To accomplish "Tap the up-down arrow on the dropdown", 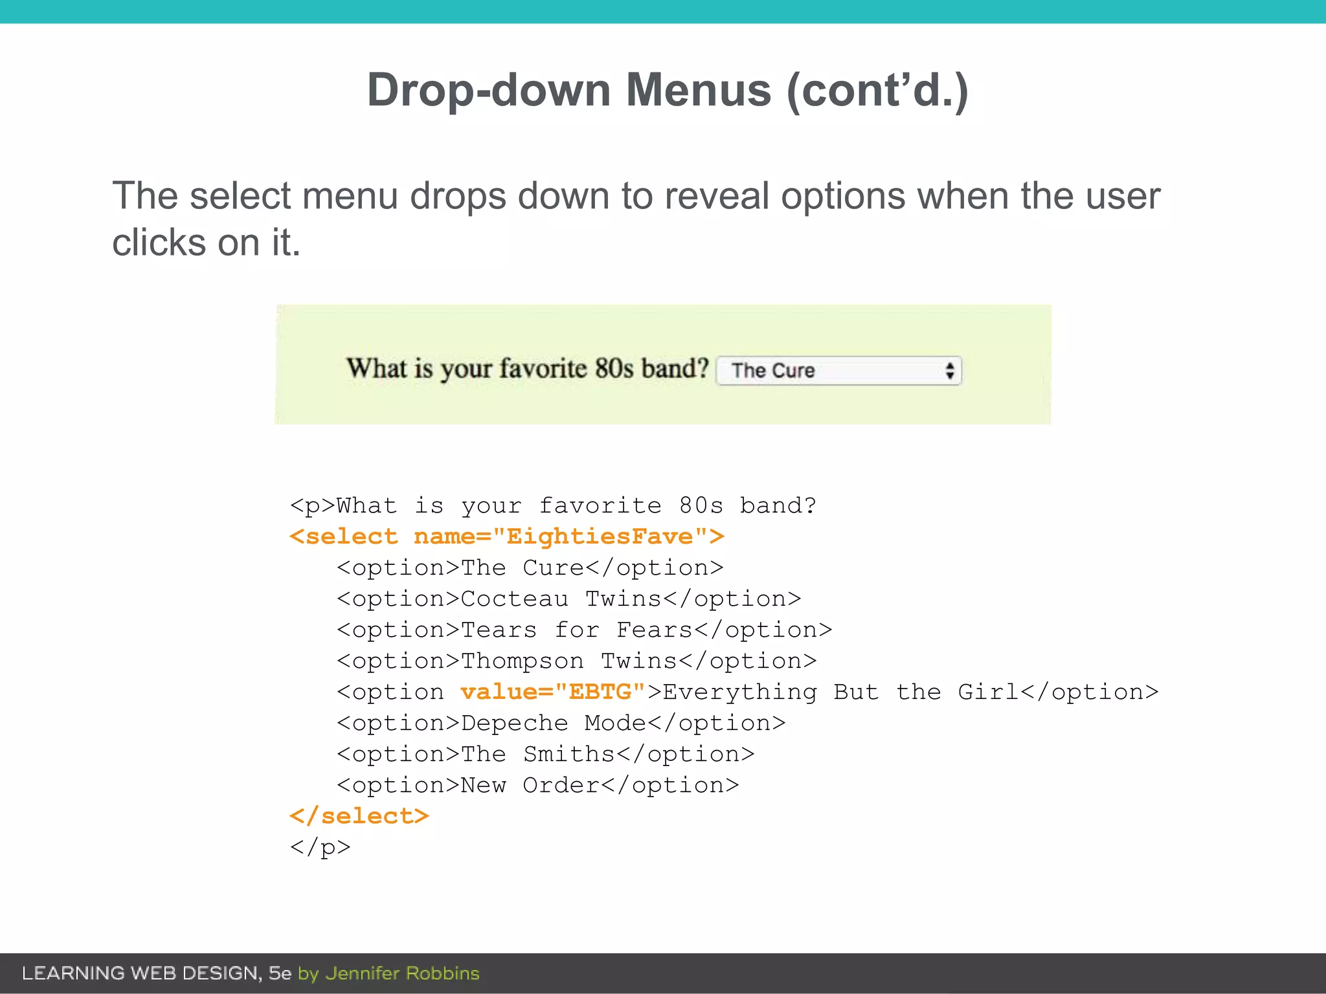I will [949, 371].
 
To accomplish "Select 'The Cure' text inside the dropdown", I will [773, 371].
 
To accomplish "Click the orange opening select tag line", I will [506, 537].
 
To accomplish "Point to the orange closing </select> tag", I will [359, 817].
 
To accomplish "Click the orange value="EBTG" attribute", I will [552, 692].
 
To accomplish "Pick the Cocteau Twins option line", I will [568, 599].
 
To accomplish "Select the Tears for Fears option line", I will [584, 630].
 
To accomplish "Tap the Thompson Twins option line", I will [576, 661].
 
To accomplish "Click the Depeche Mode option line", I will [561, 723].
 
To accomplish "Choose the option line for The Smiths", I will [545, 755].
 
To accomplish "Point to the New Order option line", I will [537, 786].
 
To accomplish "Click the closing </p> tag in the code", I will [320, 848].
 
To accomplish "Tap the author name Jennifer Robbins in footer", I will [402, 973].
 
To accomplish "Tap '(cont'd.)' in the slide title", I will [877, 90].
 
